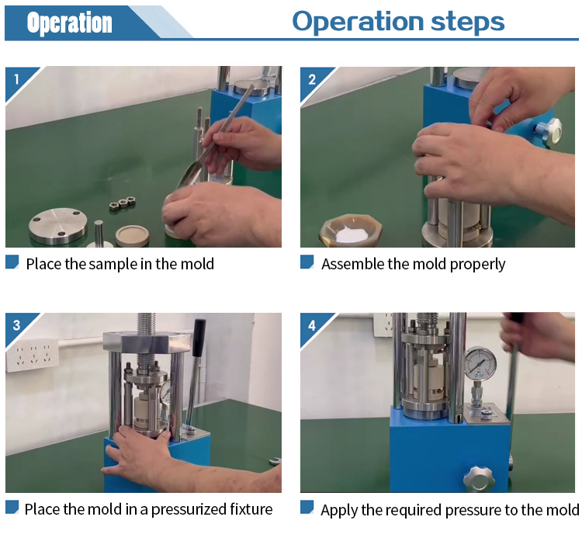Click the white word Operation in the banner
(69, 23)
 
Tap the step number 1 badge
(16, 79)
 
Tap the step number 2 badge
(312, 79)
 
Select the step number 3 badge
(16, 325)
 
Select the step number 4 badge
(312, 325)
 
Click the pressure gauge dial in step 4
(480, 363)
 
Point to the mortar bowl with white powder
(351, 231)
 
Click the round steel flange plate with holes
(58, 225)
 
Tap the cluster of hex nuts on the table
(122, 203)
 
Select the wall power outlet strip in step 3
(33, 355)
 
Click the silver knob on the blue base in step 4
(480, 479)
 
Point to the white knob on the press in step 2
(549, 130)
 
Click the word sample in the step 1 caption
(113, 265)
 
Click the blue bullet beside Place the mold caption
(12, 507)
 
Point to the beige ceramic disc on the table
(132, 236)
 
